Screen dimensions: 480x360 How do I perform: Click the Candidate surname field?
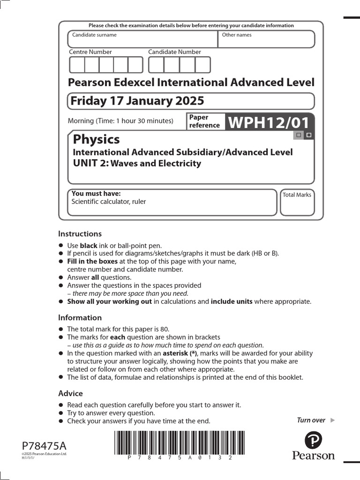point(143,39)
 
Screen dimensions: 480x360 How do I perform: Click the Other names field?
point(266,39)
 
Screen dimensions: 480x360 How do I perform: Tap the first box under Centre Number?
point(77,65)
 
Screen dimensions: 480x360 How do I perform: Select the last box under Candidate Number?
point(202,65)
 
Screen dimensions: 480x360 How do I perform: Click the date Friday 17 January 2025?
point(136,101)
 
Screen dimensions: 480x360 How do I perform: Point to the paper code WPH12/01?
point(269,123)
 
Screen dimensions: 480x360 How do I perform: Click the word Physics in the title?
point(96,139)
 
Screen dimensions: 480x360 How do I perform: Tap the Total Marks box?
point(297,202)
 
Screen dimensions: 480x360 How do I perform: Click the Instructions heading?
point(80,233)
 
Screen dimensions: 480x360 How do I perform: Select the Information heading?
point(80,317)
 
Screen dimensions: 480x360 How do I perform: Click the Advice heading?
point(70,393)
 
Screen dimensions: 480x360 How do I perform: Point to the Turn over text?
point(311,420)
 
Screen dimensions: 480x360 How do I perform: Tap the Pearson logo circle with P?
point(313,441)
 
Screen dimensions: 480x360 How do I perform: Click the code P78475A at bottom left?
point(41,445)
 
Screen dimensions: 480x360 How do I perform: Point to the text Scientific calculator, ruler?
point(109,202)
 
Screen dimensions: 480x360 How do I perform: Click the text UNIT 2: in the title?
point(90,163)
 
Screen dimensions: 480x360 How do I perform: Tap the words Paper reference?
point(204,121)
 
